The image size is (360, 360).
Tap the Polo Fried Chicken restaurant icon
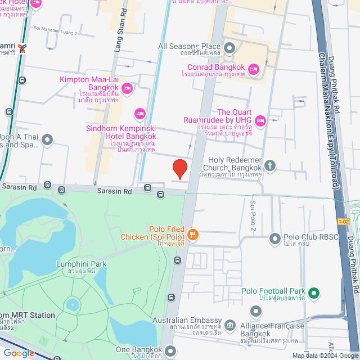(x=192, y=234)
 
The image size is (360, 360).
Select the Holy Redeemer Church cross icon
(x=271, y=165)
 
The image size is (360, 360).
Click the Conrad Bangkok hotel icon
(x=253, y=69)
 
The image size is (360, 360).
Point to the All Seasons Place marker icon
(x=229, y=47)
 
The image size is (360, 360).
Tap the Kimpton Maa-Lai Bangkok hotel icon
(x=127, y=88)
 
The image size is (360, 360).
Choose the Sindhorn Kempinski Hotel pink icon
(x=140, y=115)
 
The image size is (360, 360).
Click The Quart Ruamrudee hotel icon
(x=260, y=120)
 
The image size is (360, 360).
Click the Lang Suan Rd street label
(x=119, y=37)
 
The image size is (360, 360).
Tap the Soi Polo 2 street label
(x=253, y=217)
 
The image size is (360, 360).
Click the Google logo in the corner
(x=18, y=353)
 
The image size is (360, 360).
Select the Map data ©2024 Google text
(x=324, y=355)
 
